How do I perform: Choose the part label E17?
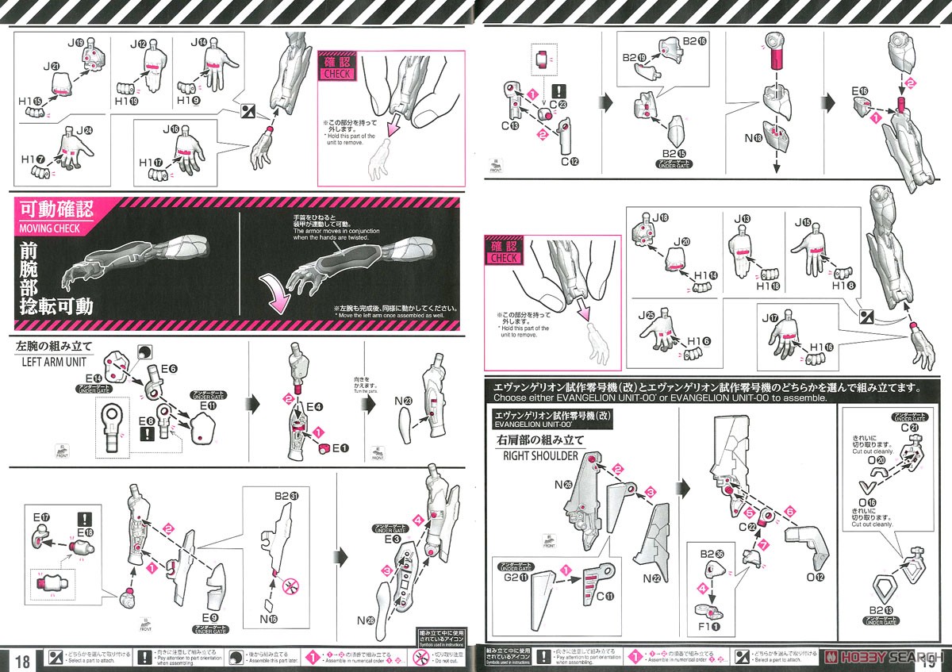[40, 516]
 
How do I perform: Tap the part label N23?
[402, 401]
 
